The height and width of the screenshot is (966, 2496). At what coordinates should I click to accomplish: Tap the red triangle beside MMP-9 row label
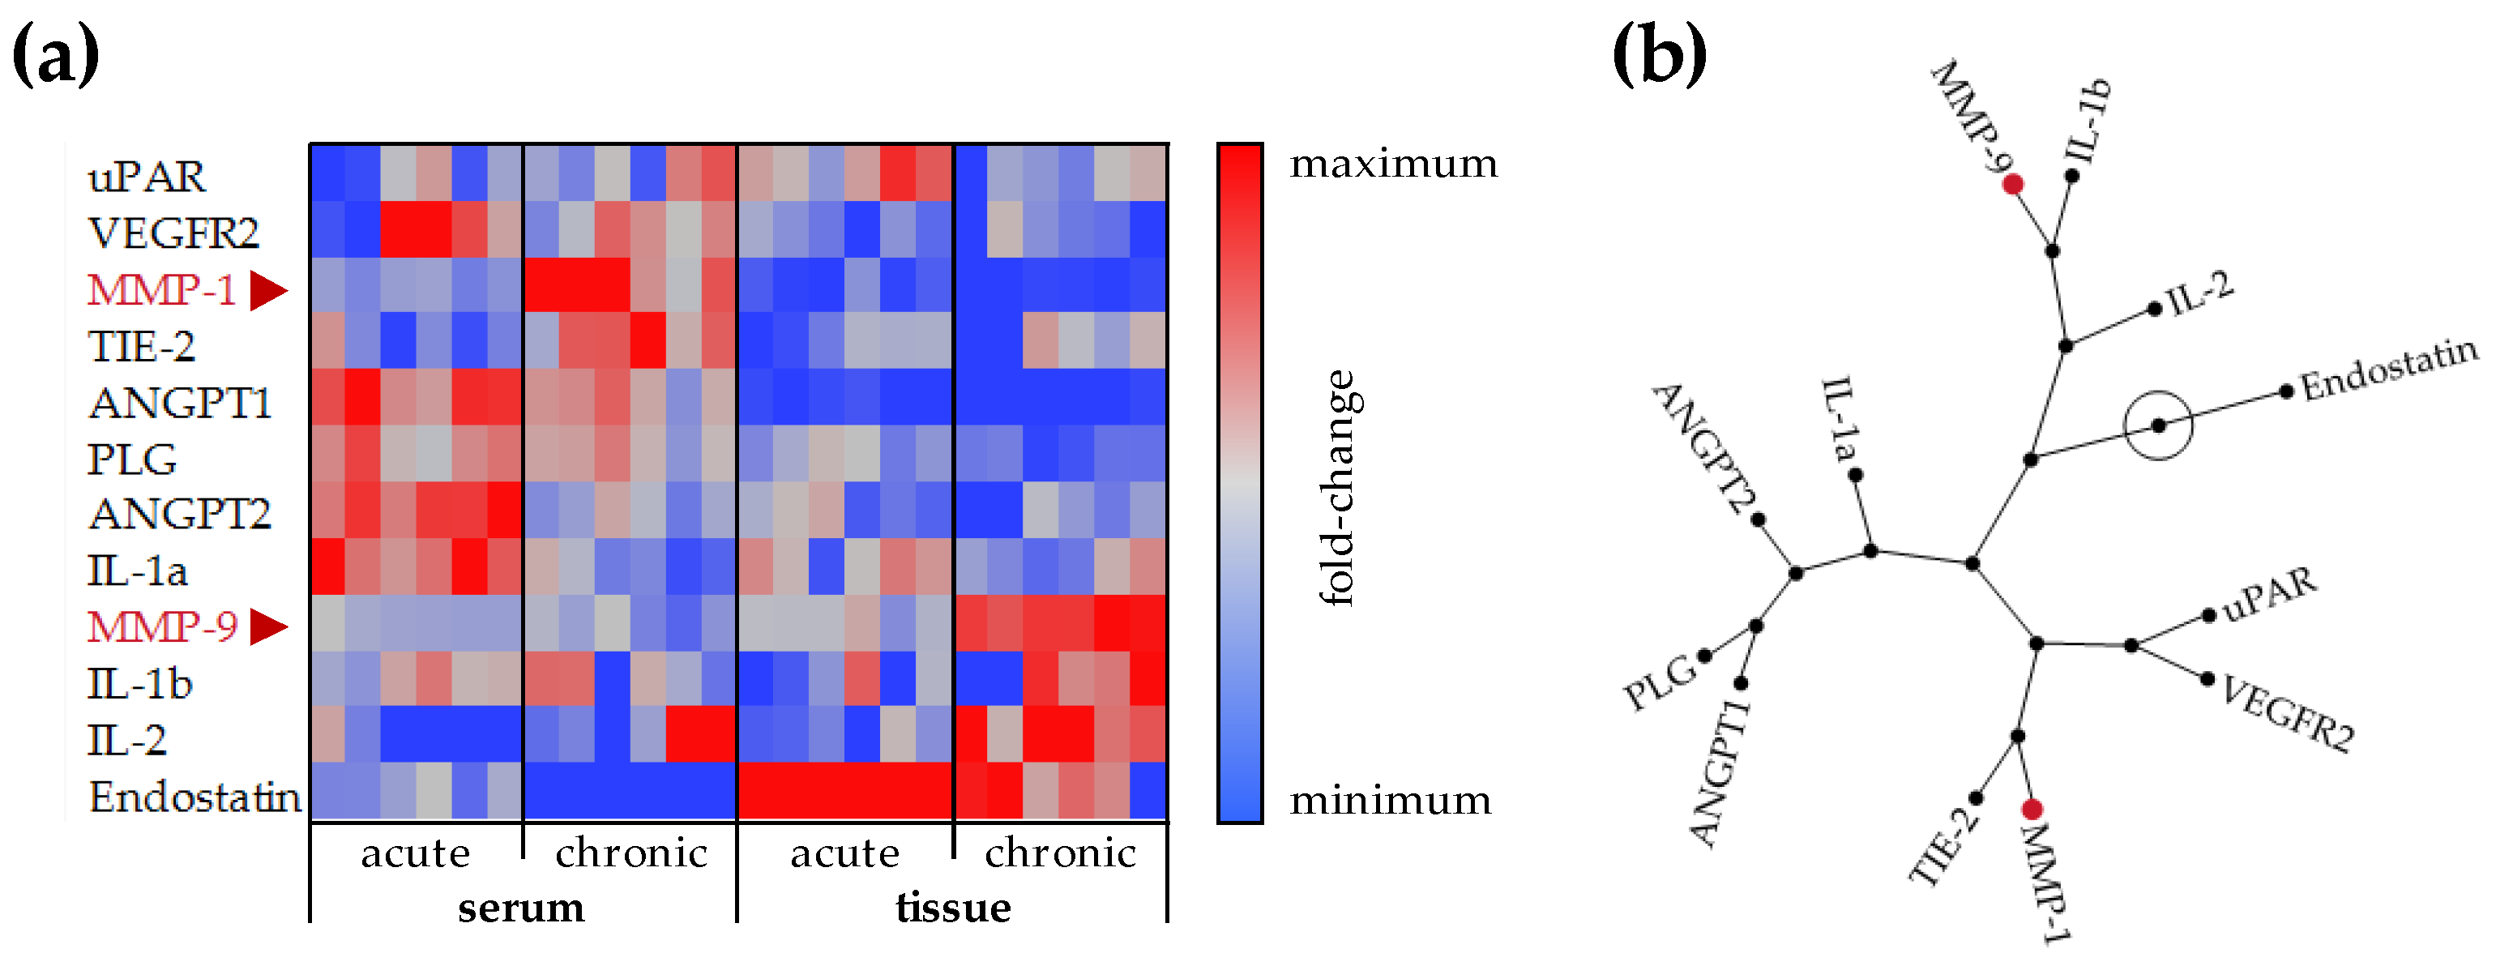click(268, 627)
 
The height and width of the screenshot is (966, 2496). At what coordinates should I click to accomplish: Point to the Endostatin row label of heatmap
click(194, 797)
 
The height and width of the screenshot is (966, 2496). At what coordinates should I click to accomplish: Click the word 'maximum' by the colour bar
click(1393, 164)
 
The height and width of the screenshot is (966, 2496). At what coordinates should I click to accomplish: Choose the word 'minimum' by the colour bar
click(1391, 801)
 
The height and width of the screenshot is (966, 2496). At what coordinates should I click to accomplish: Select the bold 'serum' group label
click(521, 908)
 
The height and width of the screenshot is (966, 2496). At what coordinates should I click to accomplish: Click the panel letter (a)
click(55, 55)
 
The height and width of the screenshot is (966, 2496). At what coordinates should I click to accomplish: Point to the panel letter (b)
click(1660, 55)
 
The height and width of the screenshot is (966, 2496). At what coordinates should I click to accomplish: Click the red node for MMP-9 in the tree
click(2012, 184)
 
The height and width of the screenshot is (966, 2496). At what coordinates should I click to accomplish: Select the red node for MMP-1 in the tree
click(2032, 809)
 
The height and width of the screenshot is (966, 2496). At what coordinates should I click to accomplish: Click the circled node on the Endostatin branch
click(2158, 425)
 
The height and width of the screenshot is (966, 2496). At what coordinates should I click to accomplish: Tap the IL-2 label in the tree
click(2200, 293)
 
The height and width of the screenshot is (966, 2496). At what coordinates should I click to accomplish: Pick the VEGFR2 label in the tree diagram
click(2287, 714)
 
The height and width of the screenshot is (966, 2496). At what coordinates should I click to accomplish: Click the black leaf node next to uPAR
click(2209, 615)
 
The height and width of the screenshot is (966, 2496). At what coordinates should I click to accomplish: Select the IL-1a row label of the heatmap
click(137, 571)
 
